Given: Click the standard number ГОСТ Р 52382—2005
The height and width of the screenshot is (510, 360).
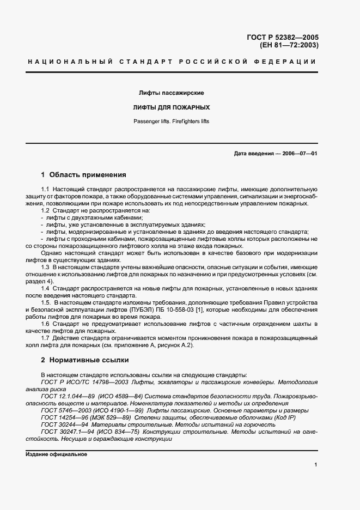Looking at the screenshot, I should (283, 37).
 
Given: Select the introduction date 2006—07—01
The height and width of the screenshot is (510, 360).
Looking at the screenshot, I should (299, 154).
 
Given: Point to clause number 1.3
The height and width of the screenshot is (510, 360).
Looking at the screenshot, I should (45, 268).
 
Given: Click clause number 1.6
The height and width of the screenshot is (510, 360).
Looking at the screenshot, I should (45, 324).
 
